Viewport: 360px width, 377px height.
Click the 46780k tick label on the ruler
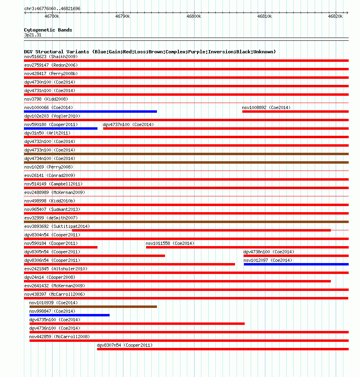(52, 16)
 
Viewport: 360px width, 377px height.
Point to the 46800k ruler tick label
(194, 16)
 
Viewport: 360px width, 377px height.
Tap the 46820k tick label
(335, 16)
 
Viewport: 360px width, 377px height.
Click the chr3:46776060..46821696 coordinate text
(52, 8)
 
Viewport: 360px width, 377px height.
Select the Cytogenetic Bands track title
(48, 30)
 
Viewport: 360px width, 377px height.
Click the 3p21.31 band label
(33, 35)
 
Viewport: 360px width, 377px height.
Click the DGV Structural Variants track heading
(150, 52)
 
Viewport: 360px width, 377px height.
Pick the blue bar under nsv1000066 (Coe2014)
(91, 111)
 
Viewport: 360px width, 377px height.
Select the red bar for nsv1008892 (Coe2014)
(295, 111)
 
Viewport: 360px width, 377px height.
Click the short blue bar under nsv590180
(61, 128)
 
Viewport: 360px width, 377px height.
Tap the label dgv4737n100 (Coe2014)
(128, 124)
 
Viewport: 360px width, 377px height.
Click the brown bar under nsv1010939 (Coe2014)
(93, 306)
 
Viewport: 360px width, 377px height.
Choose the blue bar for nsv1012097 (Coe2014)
(296, 264)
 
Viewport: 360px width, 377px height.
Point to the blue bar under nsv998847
(69, 315)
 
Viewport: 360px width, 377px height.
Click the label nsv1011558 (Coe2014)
(170, 243)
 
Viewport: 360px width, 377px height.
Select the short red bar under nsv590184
(61, 247)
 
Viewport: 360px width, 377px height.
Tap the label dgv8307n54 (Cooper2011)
(125, 345)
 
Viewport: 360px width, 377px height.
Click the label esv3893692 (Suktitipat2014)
(57, 226)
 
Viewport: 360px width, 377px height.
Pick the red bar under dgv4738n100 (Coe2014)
(296, 255)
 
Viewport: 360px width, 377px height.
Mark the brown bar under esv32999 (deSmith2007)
(186, 221)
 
